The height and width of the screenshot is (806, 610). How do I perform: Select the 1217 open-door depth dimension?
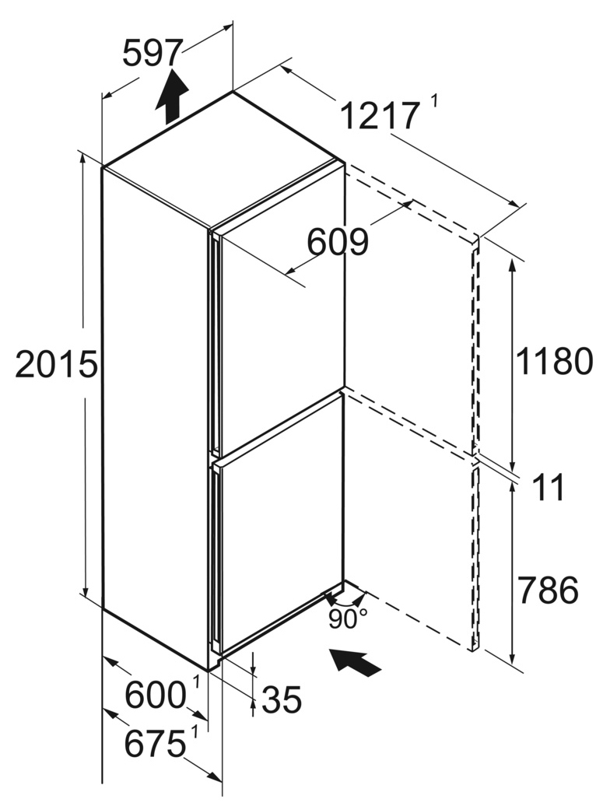point(379,116)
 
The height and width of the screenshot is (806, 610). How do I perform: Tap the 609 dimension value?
point(338,242)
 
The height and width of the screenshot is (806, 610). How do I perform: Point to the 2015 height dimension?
point(57,364)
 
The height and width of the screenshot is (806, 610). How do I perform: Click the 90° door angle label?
point(348,619)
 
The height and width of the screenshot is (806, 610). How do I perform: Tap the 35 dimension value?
point(281,699)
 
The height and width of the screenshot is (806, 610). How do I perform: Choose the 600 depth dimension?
point(155,696)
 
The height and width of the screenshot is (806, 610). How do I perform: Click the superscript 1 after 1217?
point(434,100)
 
